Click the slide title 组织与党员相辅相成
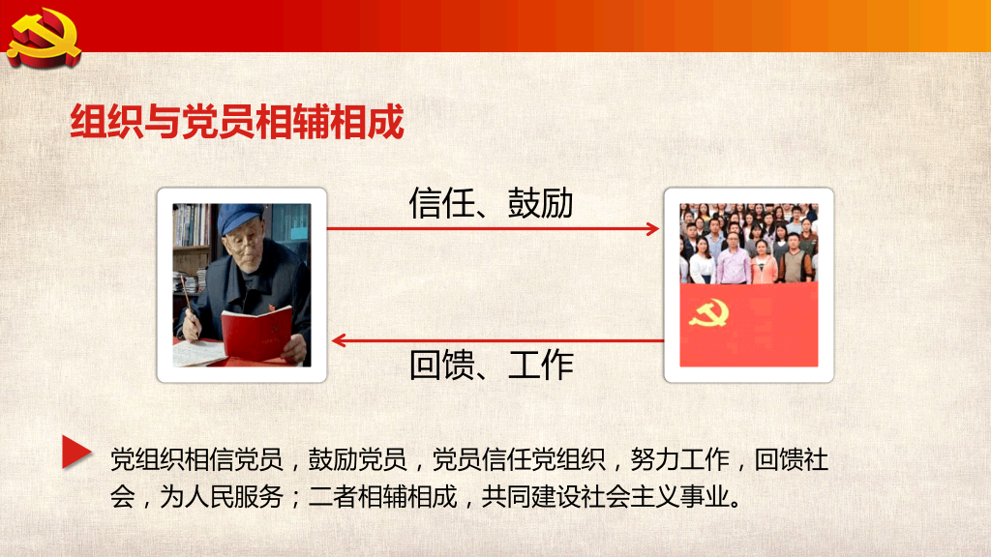[237, 124]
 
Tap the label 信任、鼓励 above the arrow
[491, 203]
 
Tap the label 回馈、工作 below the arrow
[491, 365]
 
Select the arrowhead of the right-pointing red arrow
[653, 229]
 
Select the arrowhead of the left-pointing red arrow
[339, 340]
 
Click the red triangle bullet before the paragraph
[76, 452]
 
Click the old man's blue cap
[239, 219]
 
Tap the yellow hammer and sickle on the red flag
[708, 316]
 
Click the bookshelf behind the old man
[194, 232]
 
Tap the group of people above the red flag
[748, 244]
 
